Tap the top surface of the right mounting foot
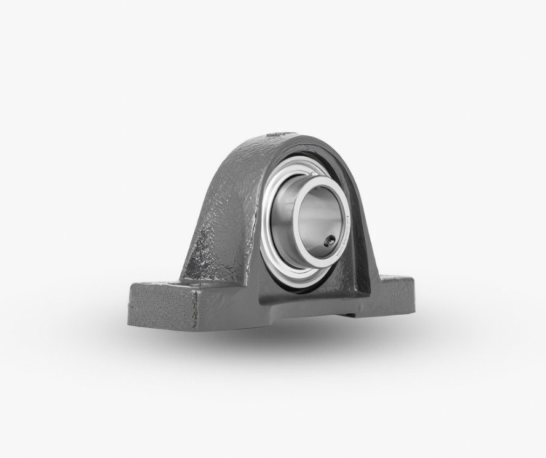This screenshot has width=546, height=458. tap(397, 282)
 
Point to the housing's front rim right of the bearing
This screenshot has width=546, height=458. tap(363, 246)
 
